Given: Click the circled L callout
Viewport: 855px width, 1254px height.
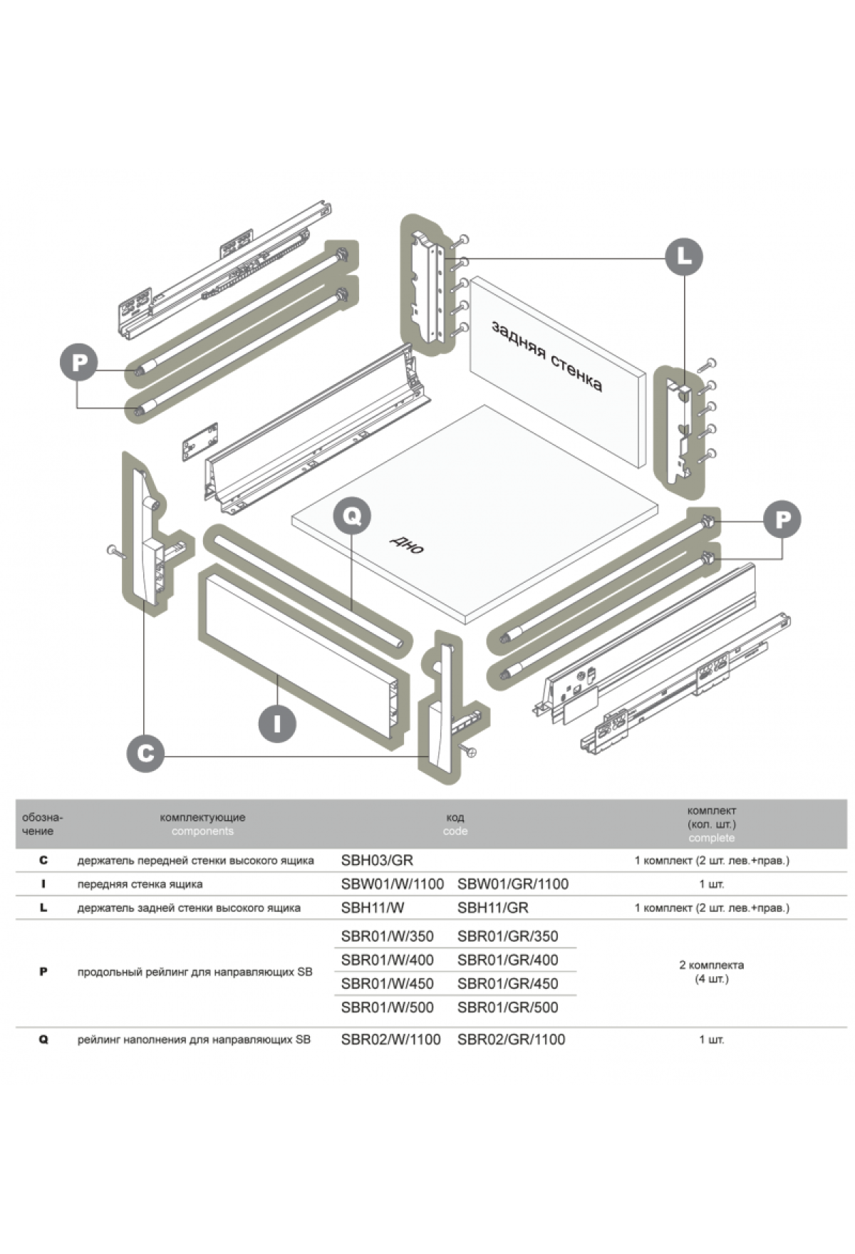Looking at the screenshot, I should click(x=683, y=256).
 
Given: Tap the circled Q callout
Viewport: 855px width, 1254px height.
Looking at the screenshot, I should click(x=352, y=515).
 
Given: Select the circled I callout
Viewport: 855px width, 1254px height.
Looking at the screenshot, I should click(x=276, y=723).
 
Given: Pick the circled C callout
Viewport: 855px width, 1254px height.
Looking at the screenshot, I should click(x=145, y=753).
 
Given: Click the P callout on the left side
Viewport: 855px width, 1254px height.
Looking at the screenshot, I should click(x=79, y=362).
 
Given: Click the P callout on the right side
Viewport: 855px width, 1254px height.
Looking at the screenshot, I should click(x=782, y=519).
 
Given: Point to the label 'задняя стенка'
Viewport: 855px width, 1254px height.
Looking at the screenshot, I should click(x=546, y=356).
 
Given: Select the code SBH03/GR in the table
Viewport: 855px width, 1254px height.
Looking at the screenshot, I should click(x=377, y=860).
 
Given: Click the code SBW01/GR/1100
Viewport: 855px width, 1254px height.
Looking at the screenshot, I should click(x=513, y=884).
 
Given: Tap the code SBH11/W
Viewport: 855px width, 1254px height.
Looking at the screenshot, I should click(x=373, y=908).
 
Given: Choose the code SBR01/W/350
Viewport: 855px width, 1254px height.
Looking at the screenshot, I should click(x=387, y=936).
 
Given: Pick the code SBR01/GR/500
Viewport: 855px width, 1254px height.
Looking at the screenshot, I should click(x=507, y=1007).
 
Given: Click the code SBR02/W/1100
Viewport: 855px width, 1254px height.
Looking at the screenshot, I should click(x=390, y=1040).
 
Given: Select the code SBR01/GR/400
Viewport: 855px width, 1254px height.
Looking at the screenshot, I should click(x=507, y=960).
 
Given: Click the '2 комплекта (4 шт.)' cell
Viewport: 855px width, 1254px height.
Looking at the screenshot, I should click(x=711, y=972).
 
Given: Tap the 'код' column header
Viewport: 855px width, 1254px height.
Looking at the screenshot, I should click(x=455, y=817).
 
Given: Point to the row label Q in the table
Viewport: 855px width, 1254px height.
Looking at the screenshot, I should click(x=43, y=1040).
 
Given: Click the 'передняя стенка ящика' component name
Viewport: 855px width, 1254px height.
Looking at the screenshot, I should click(x=140, y=884).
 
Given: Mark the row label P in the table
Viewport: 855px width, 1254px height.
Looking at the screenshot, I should click(x=43, y=972).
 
